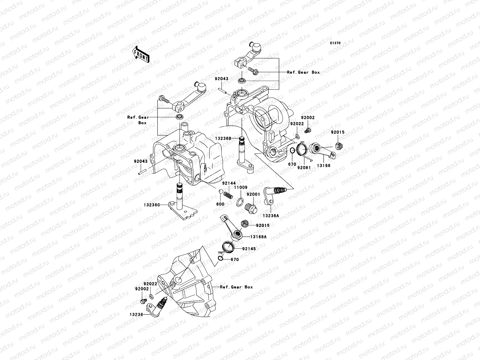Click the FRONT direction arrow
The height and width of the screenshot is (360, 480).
click(x=141, y=54)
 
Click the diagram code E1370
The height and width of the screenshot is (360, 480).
click(x=335, y=43)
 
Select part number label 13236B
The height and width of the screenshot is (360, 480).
click(x=223, y=138)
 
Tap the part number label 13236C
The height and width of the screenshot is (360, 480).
click(x=152, y=205)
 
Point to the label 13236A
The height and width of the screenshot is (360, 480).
click(x=271, y=216)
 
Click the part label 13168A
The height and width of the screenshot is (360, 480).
click(x=259, y=237)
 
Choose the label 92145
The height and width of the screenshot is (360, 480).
click(x=249, y=249)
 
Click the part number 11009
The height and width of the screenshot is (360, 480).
click(x=241, y=187)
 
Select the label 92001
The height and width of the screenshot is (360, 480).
click(x=253, y=194)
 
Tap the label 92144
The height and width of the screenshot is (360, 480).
click(x=229, y=183)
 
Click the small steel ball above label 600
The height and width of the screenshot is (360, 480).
click(x=221, y=191)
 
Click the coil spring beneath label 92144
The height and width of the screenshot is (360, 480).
click(x=228, y=195)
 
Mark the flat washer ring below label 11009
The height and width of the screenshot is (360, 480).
click(x=240, y=202)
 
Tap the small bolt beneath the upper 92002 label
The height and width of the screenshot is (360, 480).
click(x=308, y=131)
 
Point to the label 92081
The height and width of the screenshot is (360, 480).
click(x=304, y=168)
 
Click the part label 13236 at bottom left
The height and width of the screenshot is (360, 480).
click(x=136, y=314)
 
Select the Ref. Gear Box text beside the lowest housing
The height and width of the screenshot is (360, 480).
click(x=236, y=287)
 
